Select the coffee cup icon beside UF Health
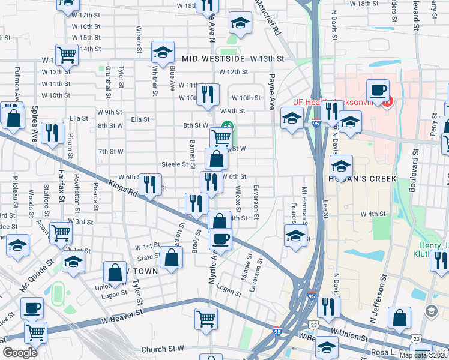coord(378,91)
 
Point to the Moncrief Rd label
coord(268,17)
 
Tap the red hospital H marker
coord(387,101)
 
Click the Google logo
coord(20,353)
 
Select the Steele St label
coord(175,164)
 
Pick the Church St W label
coord(162,349)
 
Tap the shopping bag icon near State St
coord(172,258)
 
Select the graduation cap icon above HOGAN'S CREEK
coord(341,166)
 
